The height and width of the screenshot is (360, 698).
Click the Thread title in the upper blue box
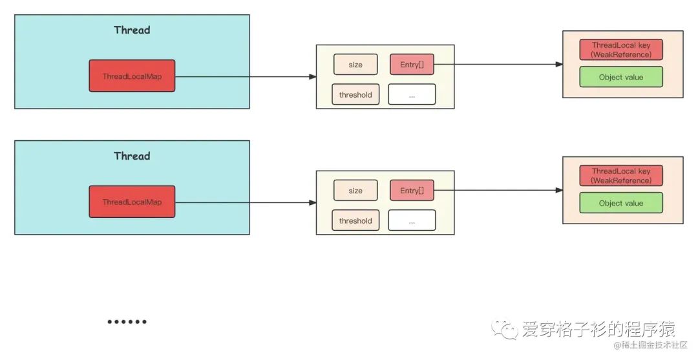click(132, 30)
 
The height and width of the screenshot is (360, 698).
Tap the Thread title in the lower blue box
click(132, 156)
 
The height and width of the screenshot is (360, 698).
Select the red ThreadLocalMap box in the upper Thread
click(132, 76)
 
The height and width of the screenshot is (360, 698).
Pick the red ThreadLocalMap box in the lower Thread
click(132, 202)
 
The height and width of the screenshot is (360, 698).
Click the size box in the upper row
click(355, 65)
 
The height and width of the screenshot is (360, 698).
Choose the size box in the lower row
click(355, 191)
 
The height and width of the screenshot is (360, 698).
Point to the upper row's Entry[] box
click(412, 65)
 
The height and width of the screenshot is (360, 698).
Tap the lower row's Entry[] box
click(412, 191)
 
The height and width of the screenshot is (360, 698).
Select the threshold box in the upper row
click(355, 94)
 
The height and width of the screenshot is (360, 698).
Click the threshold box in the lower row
click(355, 220)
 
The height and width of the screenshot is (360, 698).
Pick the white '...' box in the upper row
click(412, 94)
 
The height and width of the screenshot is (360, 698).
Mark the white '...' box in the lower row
click(412, 220)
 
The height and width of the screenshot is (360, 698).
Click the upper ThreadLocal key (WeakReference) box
click(621, 50)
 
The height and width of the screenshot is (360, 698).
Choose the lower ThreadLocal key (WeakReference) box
click(621, 176)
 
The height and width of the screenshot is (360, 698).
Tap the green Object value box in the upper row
click(621, 77)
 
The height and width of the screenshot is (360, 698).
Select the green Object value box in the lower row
click(621, 203)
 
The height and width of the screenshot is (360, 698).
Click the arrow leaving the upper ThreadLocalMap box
click(246, 76)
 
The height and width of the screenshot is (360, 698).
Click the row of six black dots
click(127, 321)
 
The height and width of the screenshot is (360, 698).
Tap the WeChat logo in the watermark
click(505, 330)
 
